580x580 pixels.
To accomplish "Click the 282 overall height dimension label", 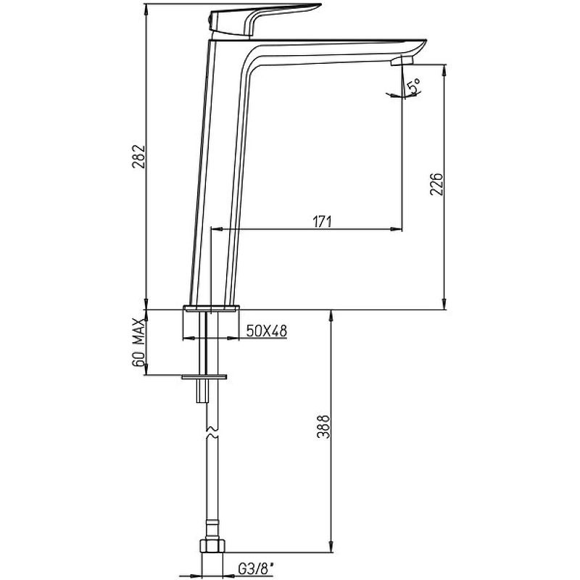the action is [x=138, y=157].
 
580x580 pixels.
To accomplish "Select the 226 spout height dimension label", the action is [x=436, y=183].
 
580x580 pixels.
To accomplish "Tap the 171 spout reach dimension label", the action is [x=322, y=221].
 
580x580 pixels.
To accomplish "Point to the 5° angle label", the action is [x=413, y=86].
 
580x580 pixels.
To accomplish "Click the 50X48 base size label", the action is [x=267, y=331].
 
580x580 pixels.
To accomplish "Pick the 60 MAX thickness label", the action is [x=138, y=342].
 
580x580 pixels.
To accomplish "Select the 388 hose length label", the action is [x=323, y=426].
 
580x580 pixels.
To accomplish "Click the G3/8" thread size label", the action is [x=257, y=569].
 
